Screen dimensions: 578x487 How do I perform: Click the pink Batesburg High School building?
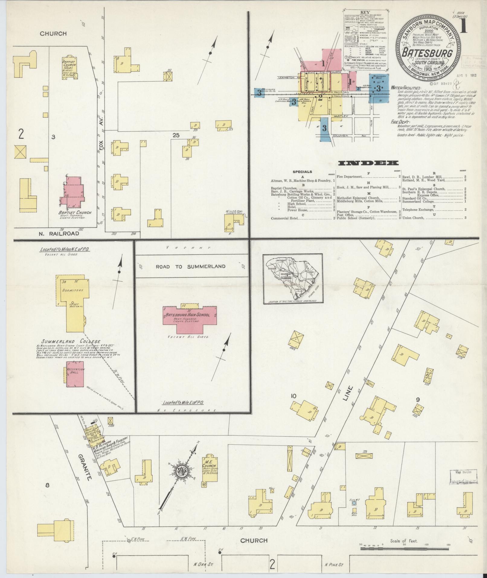pyautogui.click(x=190, y=317)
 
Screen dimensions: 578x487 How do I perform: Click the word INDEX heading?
pyautogui.click(x=368, y=163)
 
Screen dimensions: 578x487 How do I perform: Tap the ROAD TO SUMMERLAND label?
pyautogui.click(x=190, y=266)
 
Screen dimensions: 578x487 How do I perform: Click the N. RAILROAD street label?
pyautogui.click(x=59, y=233)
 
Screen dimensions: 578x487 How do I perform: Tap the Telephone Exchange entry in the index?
pyautogui.click(x=419, y=209)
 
